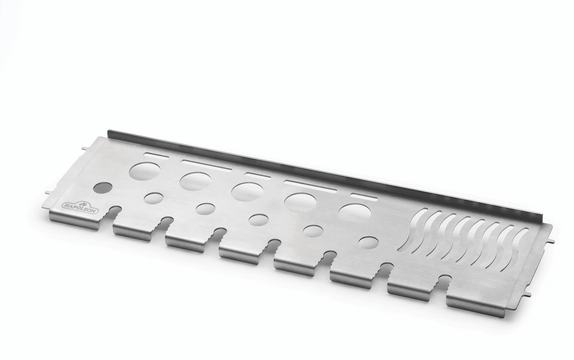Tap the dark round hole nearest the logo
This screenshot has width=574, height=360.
[x=103, y=188]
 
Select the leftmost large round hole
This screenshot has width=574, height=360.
[x=145, y=170]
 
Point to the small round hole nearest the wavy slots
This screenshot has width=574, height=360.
[x=369, y=243]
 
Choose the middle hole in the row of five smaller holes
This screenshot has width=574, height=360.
[x=258, y=220]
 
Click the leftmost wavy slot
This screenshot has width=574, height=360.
[x=413, y=230]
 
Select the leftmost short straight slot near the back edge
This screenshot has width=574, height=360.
[x=157, y=155]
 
